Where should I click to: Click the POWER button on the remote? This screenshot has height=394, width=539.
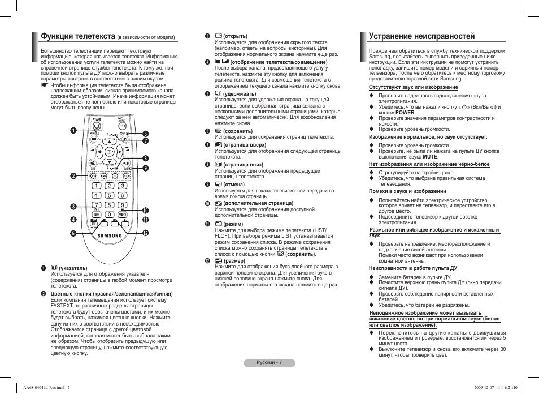click(97, 126)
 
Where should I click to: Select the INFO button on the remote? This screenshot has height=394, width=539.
click(97, 215)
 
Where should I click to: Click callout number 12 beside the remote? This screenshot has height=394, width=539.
click(145, 233)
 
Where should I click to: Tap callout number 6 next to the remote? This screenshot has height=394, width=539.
click(145, 133)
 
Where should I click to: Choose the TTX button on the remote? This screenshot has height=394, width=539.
click(94, 224)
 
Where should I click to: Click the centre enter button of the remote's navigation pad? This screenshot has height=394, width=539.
click(110, 151)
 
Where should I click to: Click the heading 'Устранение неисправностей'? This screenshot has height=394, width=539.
click(421, 37)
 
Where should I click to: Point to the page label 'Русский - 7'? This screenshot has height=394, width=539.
click(269, 362)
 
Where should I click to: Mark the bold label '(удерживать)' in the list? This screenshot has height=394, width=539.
click(240, 93)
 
